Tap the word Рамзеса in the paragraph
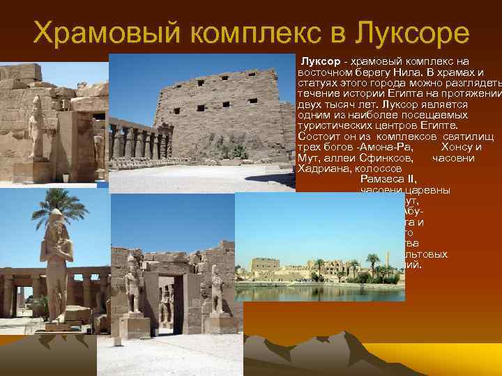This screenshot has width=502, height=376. [383, 179]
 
